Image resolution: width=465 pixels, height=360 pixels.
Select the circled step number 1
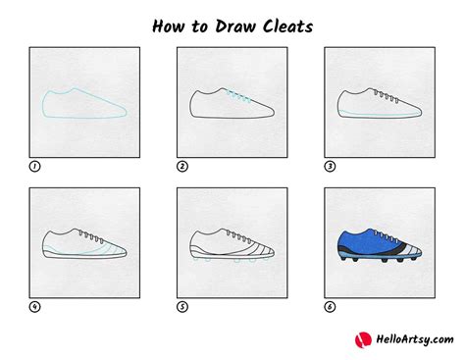pyautogui.click(x=35, y=167)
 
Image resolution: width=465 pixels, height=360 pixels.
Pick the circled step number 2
pyautogui.click(x=182, y=167)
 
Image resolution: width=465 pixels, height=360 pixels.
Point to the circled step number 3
pyautogui.click(x=330, y=167)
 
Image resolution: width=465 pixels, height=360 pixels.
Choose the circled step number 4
pyautogui.click(x=35, y=306)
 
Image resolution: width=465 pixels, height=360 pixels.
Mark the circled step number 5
pyautogui.click(x=182, y=306)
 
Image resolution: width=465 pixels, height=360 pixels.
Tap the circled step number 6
pyautogui.click(x=330, y=306)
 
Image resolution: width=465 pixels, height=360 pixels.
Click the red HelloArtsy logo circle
pyautogui.click(x=362, y=338)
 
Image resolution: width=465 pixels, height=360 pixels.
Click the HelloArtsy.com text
pyautogui.click(x=409, y=339)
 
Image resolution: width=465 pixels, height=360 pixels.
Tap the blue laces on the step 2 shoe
pyautogui.click(x=238, y=98)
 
